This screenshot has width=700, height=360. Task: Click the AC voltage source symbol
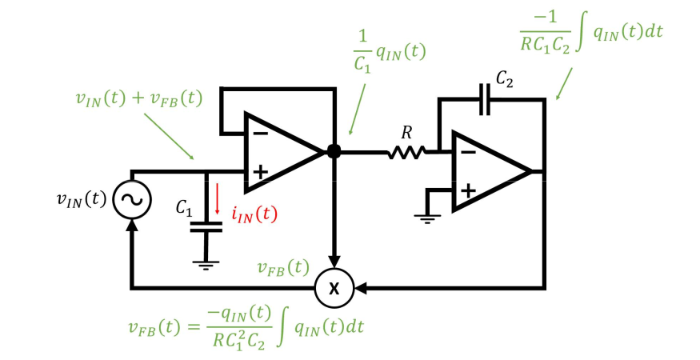[132, 199]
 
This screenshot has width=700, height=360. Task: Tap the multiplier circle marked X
[334, 288]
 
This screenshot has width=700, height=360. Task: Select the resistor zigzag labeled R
[406, 154]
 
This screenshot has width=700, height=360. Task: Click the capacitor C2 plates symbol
[484, 99]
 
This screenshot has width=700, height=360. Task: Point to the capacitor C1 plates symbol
[206, 227]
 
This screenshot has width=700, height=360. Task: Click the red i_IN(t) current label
[254, 214]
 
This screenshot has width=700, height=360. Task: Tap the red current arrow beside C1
[217, 198]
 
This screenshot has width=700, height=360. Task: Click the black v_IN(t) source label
[82, 199]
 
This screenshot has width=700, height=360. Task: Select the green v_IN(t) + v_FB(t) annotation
[139, 98]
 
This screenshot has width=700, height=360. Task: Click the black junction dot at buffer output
[334, 151]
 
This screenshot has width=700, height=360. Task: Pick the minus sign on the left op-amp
[260, 134]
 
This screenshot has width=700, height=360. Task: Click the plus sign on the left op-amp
[260, 171]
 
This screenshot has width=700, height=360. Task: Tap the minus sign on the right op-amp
[468, 153]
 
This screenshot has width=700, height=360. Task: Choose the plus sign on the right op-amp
[468, 191]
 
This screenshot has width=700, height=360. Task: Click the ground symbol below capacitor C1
[206, 266]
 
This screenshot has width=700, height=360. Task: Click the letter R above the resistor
[406, 133]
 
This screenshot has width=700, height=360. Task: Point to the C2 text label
[504, 79]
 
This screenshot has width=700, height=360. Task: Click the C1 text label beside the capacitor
[184, 208]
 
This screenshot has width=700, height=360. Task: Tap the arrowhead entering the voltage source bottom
[132, 226]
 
